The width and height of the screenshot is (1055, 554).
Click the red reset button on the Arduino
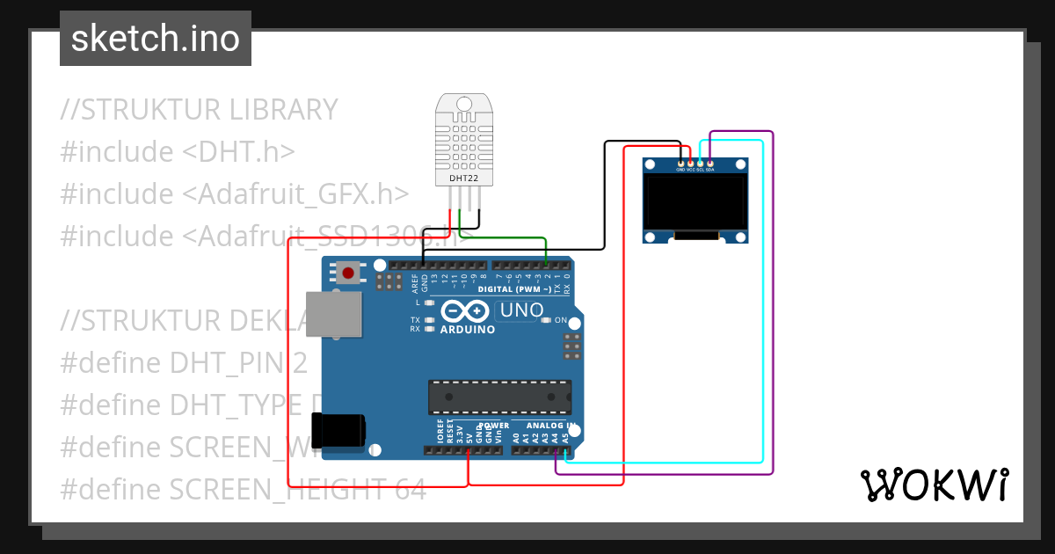click(x=348, y=273)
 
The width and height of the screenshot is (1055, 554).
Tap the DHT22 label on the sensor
click(x=463, y=178)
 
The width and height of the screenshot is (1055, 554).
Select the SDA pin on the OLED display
click(x=709, y=164)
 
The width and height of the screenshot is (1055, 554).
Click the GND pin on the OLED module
click(x=681, y=164)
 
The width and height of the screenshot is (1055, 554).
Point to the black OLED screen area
click(x=695, y=200)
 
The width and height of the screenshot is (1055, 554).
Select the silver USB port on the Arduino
click(x=334, y=314)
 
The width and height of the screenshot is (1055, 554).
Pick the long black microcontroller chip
click(x=499, y=397)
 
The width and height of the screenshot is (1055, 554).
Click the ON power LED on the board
click(x=546, y=320)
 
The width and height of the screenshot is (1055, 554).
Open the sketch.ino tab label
click(x=156, y=39)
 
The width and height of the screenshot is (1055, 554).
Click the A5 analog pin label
click(x=565, y=435)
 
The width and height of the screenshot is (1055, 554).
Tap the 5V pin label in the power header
click(x=469, y=434)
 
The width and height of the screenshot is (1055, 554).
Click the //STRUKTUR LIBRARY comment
click(x=200, y=109)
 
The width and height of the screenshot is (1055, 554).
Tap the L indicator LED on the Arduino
click(x=429, y=303)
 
